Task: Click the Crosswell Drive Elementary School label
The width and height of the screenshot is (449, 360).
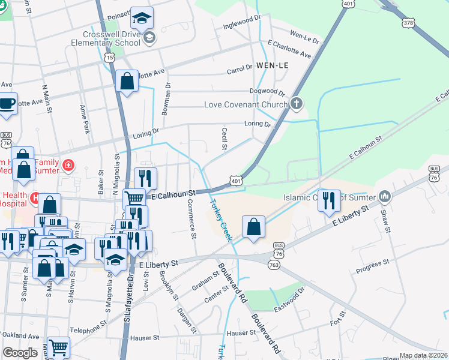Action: [105, 39]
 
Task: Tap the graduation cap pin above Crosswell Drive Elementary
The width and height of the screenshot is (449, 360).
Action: [142, 19]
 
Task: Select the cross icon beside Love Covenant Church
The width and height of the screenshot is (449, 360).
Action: [295, 104]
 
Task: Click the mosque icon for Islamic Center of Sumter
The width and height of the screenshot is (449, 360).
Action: [385, 197]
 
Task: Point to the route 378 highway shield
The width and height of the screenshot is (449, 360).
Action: [408, 22]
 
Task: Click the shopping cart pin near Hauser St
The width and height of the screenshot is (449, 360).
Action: [58, 347]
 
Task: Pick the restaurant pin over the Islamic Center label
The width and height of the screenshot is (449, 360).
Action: [328, 200]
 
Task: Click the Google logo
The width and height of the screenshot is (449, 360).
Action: [20, 353]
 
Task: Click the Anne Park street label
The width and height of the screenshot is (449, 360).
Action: [85, 119]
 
